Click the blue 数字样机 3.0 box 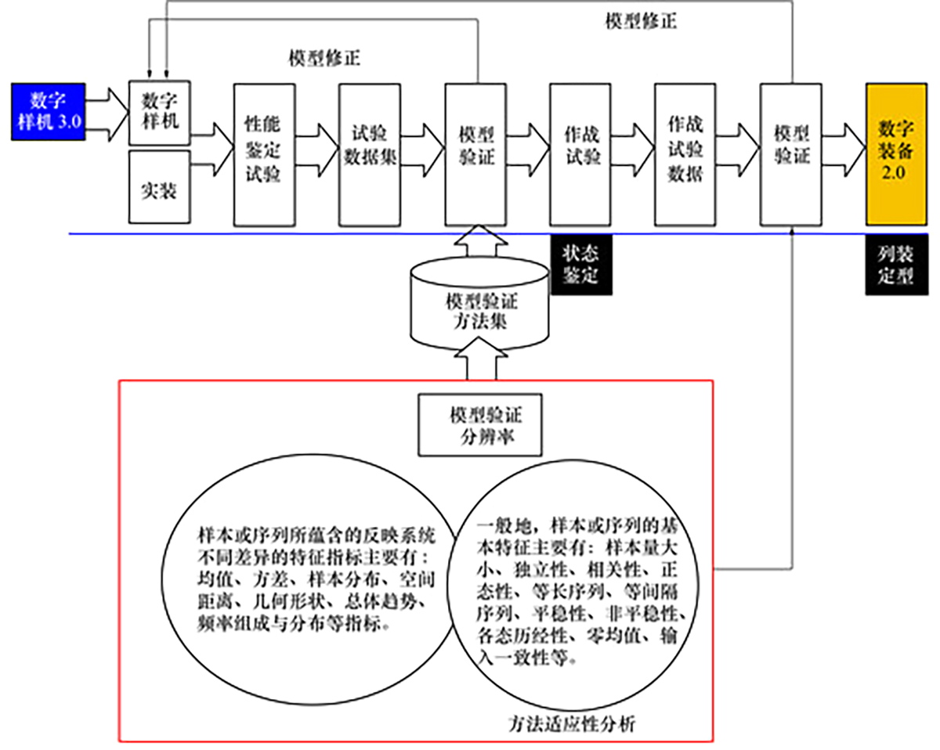[x=48, y=110]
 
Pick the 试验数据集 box [x=370, y=145]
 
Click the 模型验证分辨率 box [x=480, y=424]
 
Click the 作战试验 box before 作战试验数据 [x=580, y=145]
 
